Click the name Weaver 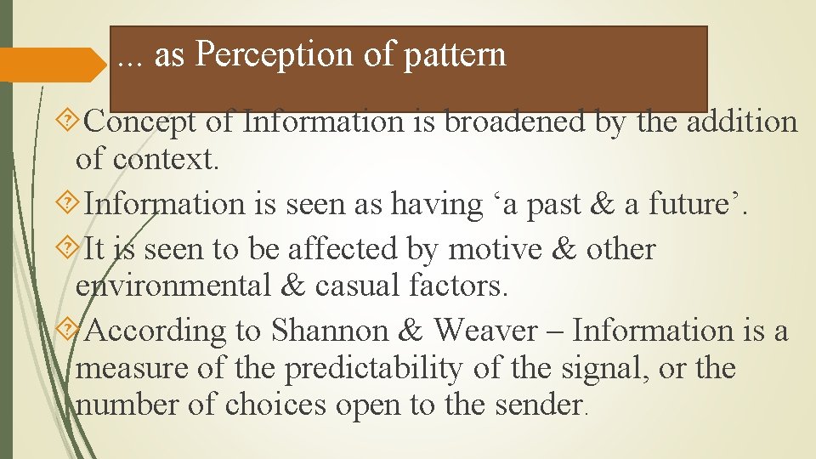click(485, 331)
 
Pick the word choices click(275, 405)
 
